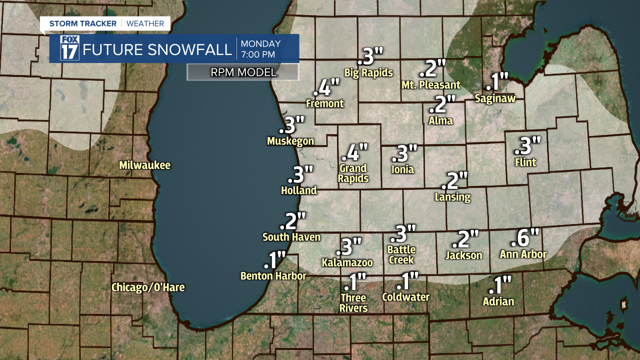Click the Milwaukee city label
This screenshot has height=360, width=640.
144,165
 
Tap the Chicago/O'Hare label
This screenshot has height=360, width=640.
147,287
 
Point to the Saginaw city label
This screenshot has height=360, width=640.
495,98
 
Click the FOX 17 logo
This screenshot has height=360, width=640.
70,48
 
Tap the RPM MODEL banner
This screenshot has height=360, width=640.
243,72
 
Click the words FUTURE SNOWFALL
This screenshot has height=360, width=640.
157,49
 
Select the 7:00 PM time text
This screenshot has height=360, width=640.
260,54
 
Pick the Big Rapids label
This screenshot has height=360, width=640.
368,73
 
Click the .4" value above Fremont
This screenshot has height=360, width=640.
326,88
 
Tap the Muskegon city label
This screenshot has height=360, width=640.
290,141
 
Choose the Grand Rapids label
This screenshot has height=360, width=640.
353,173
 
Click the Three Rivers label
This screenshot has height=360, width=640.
354,303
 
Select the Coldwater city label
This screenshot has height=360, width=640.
405,297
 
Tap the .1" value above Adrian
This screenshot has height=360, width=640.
500,285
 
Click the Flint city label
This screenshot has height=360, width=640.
525,162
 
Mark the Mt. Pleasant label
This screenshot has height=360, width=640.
431,85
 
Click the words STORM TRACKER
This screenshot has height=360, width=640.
82,23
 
